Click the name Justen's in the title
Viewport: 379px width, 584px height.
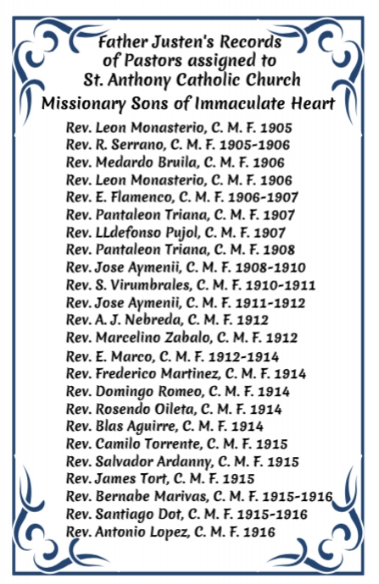(184, 41)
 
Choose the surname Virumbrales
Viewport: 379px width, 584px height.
(148, 285)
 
